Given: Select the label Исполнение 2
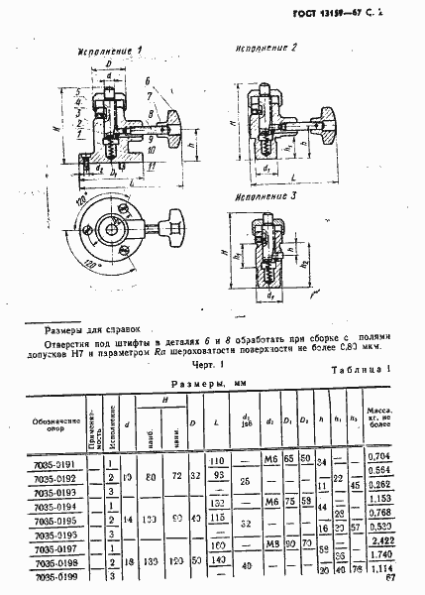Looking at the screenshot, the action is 265,47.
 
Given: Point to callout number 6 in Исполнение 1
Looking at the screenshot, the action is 146,81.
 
